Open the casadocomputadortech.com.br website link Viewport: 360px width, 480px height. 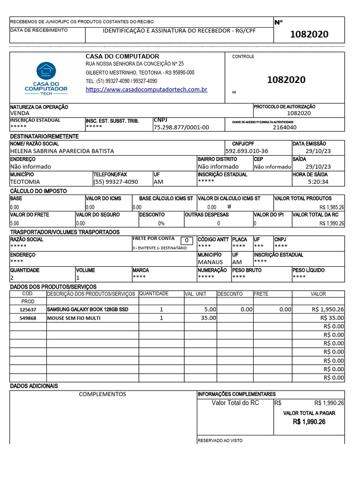click(146, 89)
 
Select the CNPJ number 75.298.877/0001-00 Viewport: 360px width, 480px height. click(181, 127)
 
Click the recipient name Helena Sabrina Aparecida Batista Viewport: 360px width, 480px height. click(62, 151)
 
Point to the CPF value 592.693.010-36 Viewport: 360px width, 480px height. click(247, 151)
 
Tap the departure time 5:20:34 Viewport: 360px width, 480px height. click(318, 182)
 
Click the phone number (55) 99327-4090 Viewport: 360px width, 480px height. click(116, 182)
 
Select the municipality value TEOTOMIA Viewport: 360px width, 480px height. click(25, 182)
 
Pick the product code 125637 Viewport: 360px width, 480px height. click(28, 310)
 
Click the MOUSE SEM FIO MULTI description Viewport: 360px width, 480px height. click(74, 318)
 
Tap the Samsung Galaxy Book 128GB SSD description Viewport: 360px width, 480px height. click(87, 310)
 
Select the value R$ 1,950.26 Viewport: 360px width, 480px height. click(328, 310)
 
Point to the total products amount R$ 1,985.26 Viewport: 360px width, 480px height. click(332, 207)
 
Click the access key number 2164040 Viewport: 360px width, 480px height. click(285, 127)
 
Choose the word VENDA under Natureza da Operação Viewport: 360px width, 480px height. click(20, 113)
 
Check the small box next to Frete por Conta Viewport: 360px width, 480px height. click(187, 240)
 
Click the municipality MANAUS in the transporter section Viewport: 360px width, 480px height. click(210, 262)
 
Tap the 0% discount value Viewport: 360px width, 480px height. click(161, 224)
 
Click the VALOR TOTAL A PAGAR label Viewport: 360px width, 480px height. click(309, 413)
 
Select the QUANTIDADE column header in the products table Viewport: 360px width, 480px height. click(154, 293)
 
